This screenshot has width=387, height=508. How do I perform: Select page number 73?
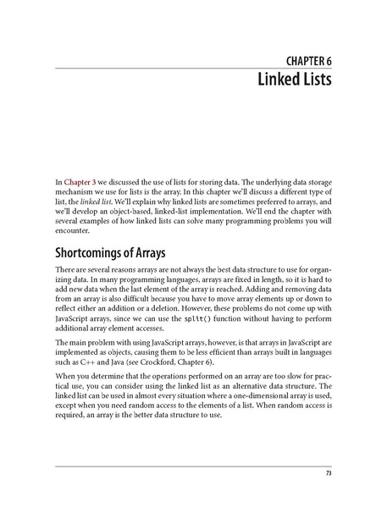[x=327, y=472]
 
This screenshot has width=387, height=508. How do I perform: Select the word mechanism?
[x=74, y=192]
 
